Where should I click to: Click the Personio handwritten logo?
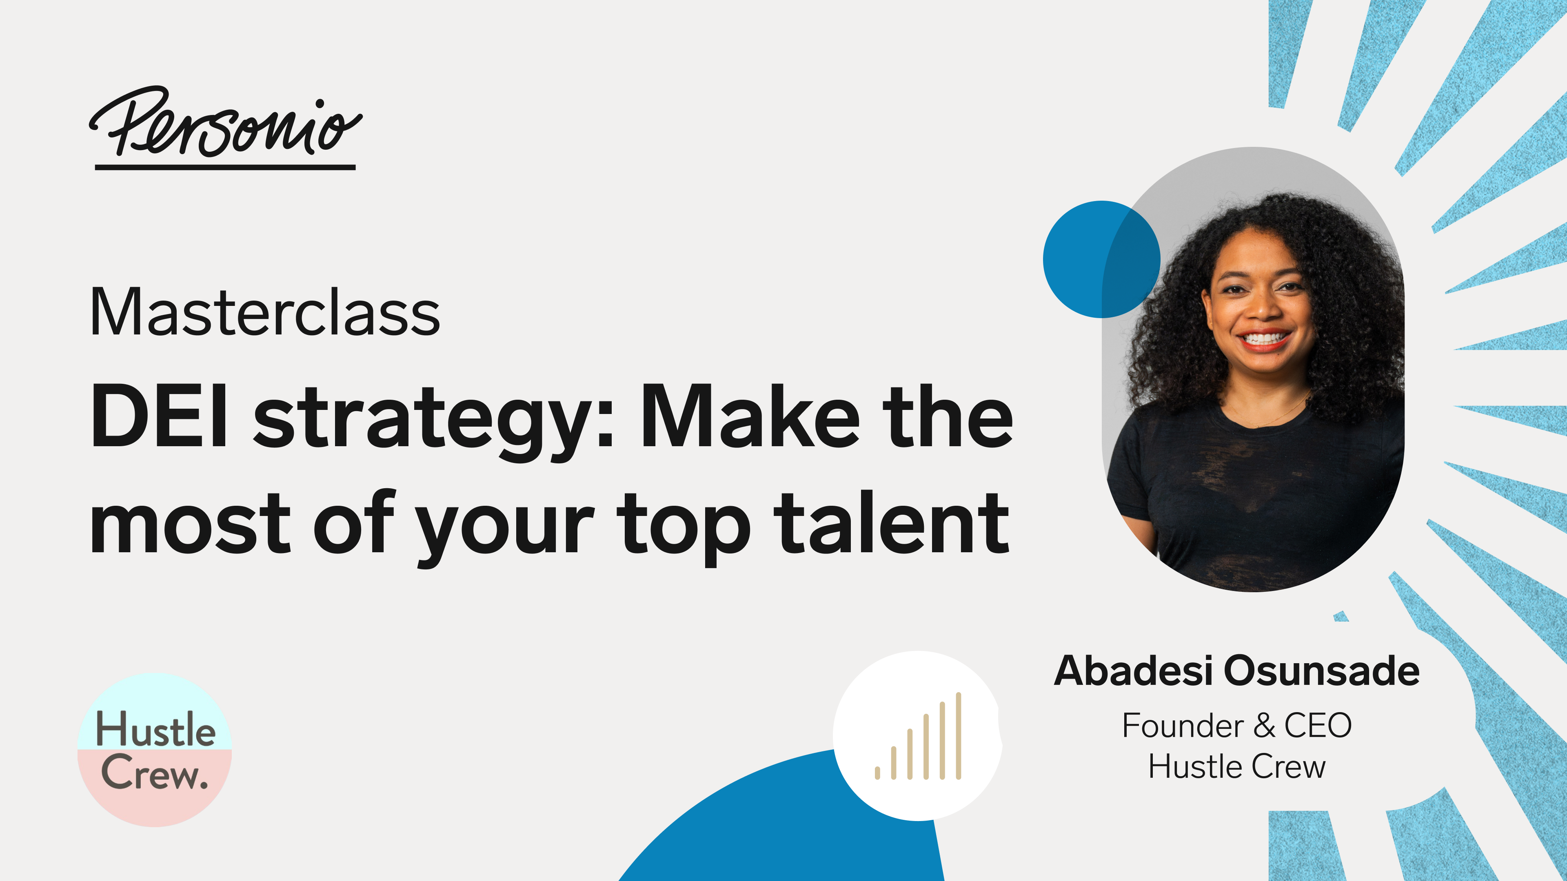(x=225, y=126)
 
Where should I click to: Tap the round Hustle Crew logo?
(x=155, y=750)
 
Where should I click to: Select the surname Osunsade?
(x=1321, y=671)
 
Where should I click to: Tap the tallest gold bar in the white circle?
(x=958, y=736)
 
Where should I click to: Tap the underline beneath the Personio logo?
(x=225, y=166)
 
